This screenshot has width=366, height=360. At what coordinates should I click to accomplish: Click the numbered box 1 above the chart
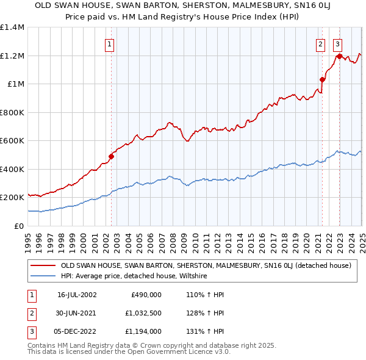109,43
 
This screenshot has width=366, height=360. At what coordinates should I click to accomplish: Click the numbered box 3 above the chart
337,43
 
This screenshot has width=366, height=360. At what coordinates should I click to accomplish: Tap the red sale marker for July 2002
112,156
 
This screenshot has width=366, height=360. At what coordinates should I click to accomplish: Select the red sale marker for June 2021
322,79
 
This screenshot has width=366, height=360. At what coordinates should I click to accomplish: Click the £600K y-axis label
12,141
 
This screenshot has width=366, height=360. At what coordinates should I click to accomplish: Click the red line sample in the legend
43,266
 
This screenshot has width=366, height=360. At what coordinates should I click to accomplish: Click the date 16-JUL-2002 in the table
77,295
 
